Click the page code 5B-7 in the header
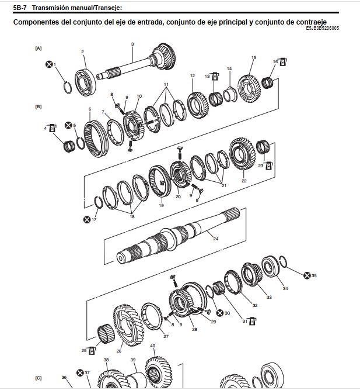coord(20,8)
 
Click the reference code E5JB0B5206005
coord(322,28)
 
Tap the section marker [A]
coord(39,49)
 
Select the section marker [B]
coord(39,106)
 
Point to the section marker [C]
coord(39,378)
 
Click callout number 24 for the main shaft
coord(215,239)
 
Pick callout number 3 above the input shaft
coord(132,44)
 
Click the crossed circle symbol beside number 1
coord(49,64)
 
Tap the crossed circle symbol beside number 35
coord(307,275)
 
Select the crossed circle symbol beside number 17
coord(87,220)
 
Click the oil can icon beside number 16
coord(282,62)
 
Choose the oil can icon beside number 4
coord(53,128)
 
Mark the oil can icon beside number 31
coord(253,322)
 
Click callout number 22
coord(244,181)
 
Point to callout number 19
coord(161,205)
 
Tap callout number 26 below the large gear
coord(118,351)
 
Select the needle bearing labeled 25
coord(106,334)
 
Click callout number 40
coord(153,346)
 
